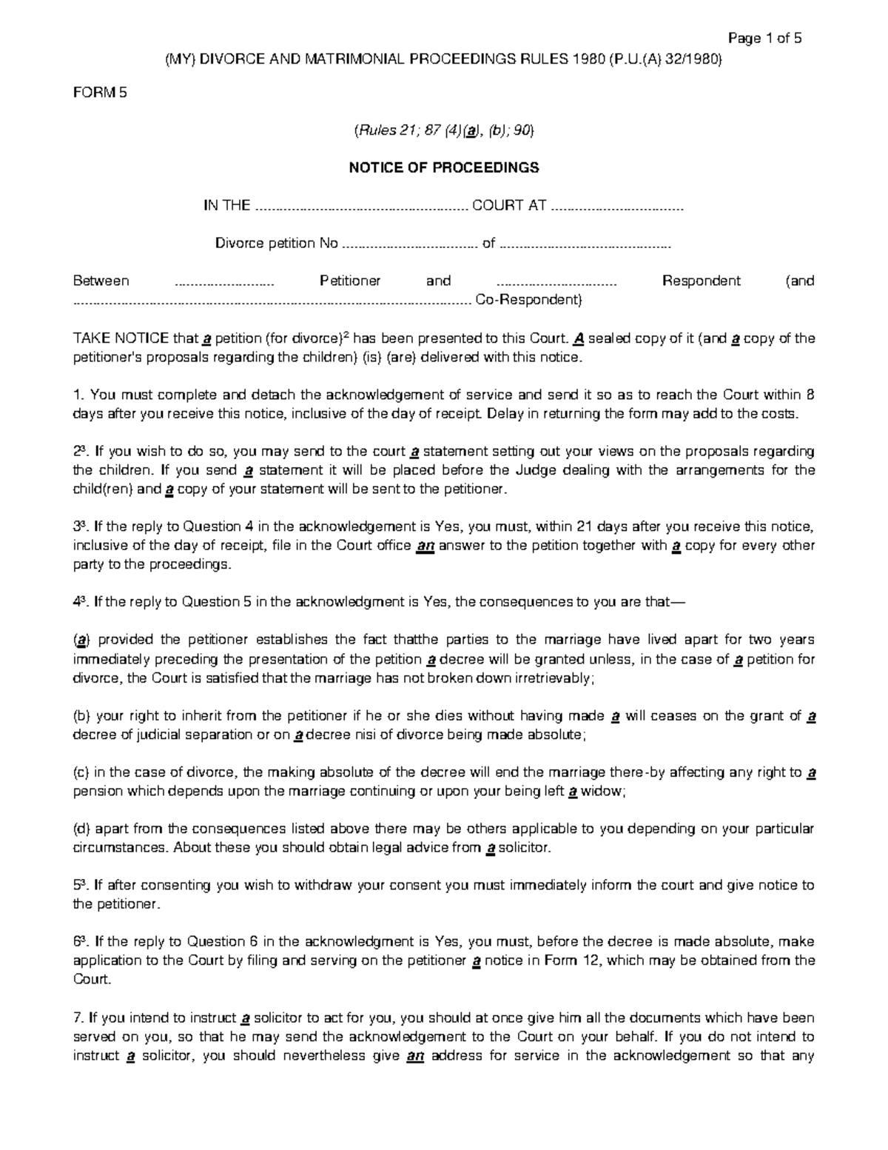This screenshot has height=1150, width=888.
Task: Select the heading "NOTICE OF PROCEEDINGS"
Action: point(444,168)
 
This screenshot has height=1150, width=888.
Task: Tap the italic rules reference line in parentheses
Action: point(444,131)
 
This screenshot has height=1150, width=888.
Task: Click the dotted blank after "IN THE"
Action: point(361,207)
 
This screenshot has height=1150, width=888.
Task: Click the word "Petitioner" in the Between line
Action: point(350,281)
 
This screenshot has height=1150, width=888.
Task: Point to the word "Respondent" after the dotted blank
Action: point(701,281)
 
